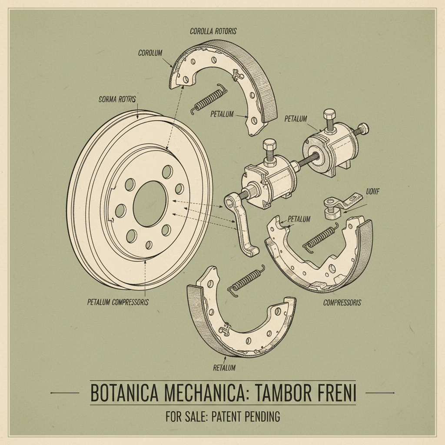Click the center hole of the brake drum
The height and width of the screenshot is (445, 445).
[150, 203]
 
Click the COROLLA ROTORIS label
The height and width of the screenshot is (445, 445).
[213, 31]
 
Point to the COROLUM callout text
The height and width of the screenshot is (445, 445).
[150, 53]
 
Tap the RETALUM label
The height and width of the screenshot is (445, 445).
[224, 368]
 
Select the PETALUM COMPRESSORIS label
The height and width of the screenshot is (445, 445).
[117, 302]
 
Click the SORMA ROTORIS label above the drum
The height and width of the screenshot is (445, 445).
[114, 100]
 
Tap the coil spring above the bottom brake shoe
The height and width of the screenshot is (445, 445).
[246, 281]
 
